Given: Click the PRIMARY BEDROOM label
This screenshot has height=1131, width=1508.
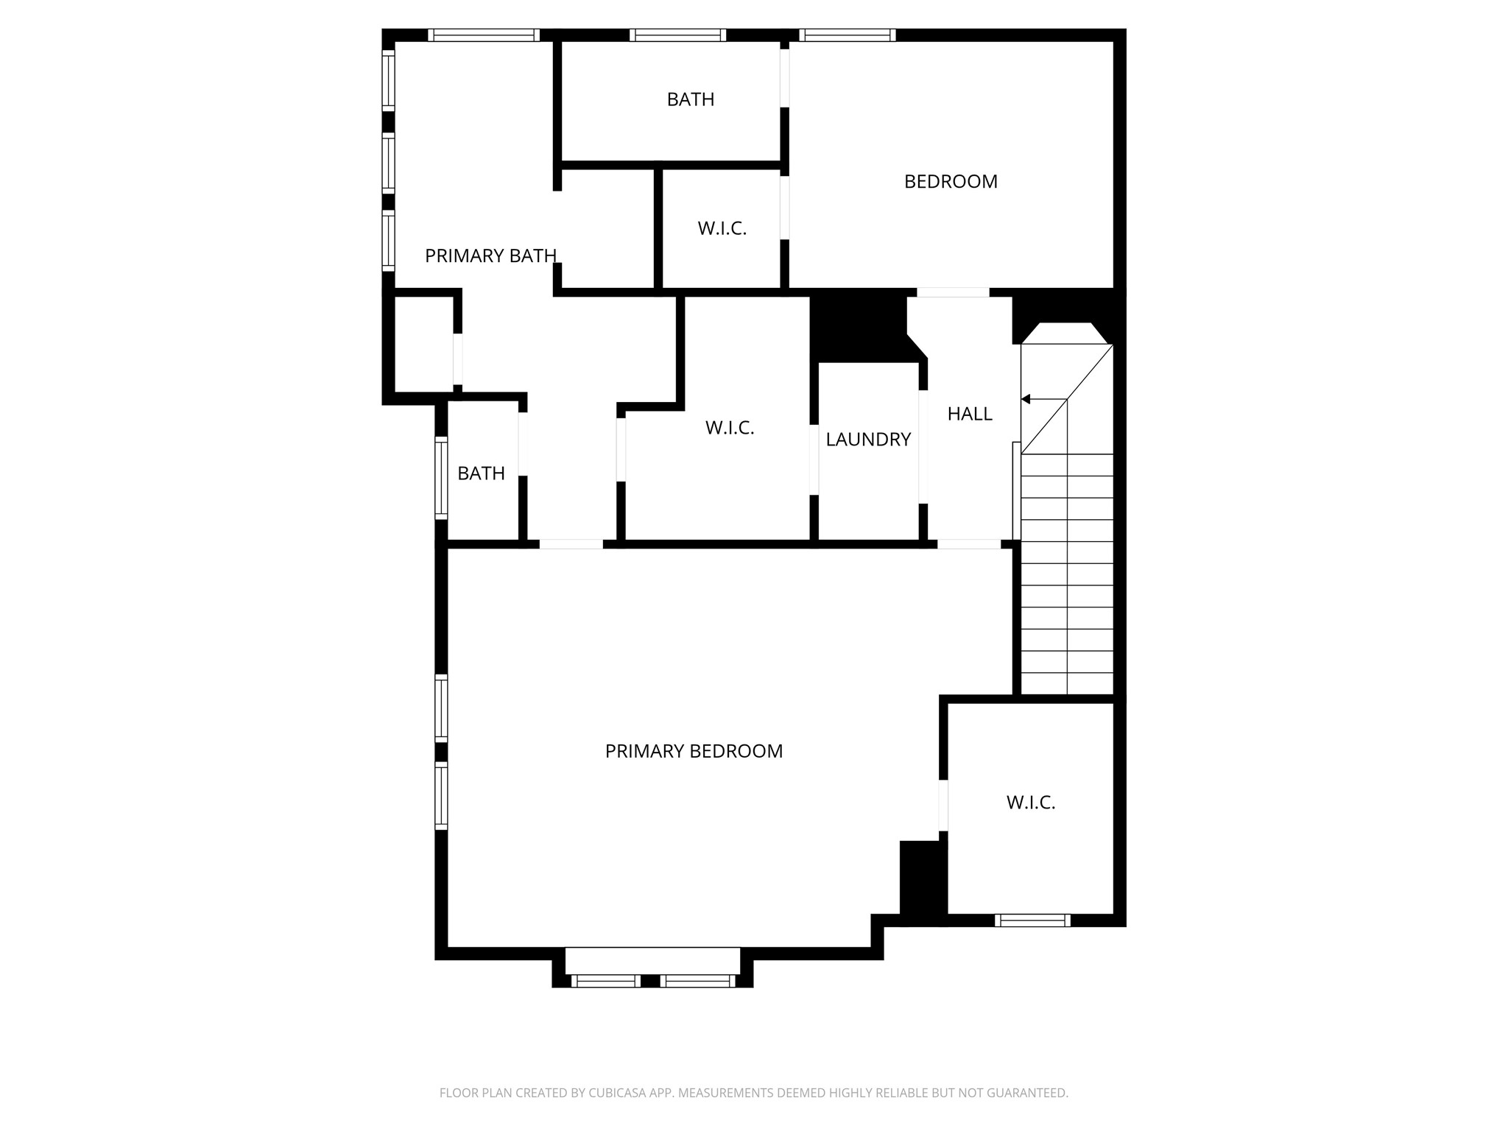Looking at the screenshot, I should (694, 751).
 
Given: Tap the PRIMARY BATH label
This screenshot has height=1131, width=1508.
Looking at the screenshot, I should (490, 256).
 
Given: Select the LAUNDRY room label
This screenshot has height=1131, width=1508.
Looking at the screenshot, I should (868, 440).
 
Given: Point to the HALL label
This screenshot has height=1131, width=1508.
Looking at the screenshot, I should (970, 414).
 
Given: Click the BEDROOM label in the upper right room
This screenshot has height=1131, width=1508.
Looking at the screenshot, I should (951, 181).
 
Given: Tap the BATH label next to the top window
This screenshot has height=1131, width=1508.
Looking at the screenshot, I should (691, 99).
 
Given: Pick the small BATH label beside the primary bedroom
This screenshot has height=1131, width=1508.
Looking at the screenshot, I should (481, 473).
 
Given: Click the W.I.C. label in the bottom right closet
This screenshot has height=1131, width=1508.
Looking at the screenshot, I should (1031, 803).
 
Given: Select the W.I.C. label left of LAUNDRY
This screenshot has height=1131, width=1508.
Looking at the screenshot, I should (730, 428).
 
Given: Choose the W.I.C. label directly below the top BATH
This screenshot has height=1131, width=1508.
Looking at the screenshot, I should (722, 228).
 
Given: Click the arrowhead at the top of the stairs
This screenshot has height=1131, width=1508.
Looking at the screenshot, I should (1025, 399).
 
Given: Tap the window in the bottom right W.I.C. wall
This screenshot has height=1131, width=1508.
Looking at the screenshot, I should (1032, 920).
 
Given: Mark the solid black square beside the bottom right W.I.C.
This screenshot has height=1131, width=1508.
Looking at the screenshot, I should (923, 878).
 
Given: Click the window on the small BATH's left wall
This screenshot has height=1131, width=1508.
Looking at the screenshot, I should (441, 477).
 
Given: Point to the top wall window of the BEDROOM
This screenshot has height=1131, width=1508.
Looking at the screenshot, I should (848, 35).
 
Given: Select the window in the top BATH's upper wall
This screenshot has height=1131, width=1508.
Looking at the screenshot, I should (678, 35).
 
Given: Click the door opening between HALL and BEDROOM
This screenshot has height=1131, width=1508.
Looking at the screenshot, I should (952, 292).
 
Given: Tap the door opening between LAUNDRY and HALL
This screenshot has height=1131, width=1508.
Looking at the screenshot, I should (923, 447).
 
